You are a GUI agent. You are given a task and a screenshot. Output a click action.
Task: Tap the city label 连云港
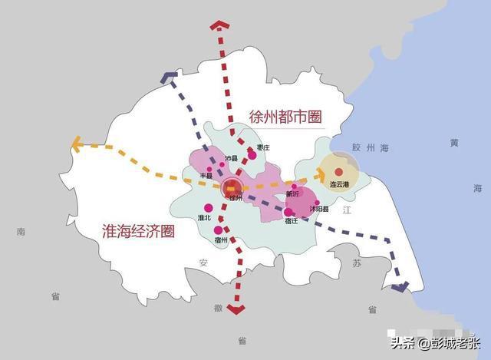point(339,185)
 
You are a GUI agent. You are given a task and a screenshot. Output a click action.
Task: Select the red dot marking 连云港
point(338,170)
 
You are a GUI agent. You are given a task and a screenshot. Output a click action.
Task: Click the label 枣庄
point(262,147)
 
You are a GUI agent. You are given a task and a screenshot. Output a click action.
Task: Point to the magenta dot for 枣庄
point(252,155)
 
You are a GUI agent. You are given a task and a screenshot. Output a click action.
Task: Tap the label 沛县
point(231,159)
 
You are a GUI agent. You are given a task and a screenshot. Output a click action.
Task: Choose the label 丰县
point(206,177)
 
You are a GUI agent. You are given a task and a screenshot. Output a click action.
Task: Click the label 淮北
point(204,218)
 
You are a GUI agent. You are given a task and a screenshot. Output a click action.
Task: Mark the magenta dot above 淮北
point(207,207)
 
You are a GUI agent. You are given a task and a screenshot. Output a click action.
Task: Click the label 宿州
point(221,239)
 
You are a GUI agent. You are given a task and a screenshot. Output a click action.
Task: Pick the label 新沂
point(292,193)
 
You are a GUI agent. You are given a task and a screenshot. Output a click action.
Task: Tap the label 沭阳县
point(319,209)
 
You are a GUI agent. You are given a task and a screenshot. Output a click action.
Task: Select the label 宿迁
point(291,221)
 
